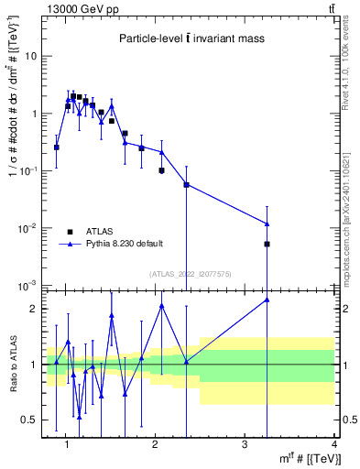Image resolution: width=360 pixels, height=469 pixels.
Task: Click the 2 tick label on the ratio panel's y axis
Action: coord(34,309)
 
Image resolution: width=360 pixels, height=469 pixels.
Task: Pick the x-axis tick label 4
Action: coord(333,444)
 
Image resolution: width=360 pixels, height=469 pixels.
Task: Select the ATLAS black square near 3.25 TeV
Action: coord(267,244)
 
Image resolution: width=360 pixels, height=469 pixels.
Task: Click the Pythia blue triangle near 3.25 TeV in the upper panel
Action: coord(267,224)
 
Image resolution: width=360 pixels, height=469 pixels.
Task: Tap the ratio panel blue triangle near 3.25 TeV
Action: coord(267,300)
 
